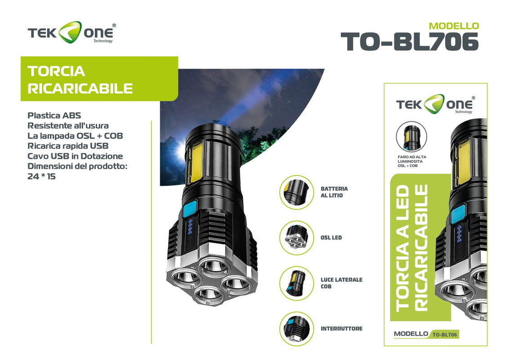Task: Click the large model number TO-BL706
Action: [x=410, y=42]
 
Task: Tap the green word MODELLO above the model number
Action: [x=454, y=26]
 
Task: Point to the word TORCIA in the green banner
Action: [x=56, y=71]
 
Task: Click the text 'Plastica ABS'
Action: [x=54, y=115]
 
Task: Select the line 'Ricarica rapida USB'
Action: [x=68, y=146]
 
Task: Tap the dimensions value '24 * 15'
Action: [x=41, y=176]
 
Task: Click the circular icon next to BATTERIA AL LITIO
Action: [x=296, y=192]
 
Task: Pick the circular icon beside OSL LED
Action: [x=296, y=238]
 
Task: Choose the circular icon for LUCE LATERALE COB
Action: [x=296, y=283]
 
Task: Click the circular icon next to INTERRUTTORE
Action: [x=296, y=328]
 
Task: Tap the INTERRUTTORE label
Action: [x=341, y=328]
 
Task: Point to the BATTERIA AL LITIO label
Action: [x=334, y=192]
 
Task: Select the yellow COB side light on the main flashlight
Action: [x=194, y=162]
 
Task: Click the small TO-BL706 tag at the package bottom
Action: [x=445, y=334]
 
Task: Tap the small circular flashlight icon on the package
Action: [x=411, y=136]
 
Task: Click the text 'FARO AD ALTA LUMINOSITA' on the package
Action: [x=412, y=159]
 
